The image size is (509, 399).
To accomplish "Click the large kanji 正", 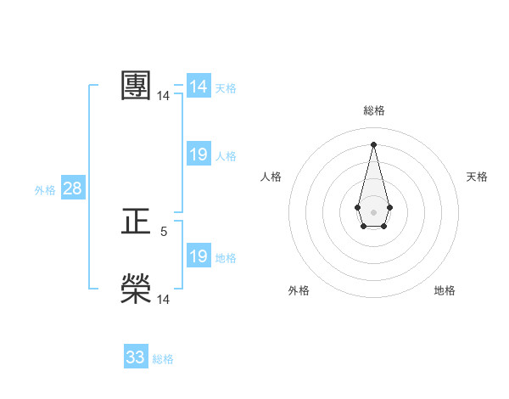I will pyautogui.click(x=136, y=222).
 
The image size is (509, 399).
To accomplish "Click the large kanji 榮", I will pyautogui.click(x=136, y=289).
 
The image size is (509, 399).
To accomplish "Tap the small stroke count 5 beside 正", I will pyautogui.click(x=164, y=231).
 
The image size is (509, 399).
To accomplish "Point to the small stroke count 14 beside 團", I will pyautogui.click(x=163, y=96).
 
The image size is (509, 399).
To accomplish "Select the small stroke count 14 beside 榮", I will pyautogui.click(x=164, y=299).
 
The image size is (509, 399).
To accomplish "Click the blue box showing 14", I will pyautogui.click(x=199, y=87).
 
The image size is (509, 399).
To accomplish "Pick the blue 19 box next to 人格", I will pyautogui.click(x=199, y=155).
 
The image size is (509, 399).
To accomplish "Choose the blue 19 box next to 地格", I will pyautogui.click(x=199, y=256).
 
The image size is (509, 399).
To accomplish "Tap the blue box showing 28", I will pyautogui.click(x=72, y=188).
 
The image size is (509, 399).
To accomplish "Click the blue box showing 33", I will pyautogui.click(x=136, y=357).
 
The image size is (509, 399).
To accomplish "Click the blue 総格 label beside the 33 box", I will pyautogui.click(x=163, y=359).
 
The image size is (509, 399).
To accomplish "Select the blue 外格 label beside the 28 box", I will pyautogui.click(x=45, y=190).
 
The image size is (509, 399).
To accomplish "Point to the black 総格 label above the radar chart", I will pyautogui.click(x=373, y=110).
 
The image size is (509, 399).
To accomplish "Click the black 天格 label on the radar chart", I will pyautogui.click(x=477, y=177).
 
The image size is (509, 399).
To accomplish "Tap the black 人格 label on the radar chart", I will pyautogui.click(x=271, y=177).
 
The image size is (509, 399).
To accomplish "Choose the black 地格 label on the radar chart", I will pyautogui.click(x=445, y=290).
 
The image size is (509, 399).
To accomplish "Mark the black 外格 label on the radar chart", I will pyautogui.click(x=299, y=290).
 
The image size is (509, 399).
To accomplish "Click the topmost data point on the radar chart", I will pyautogui.click(x=373, y=143).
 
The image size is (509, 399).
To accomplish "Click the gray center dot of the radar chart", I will pyautogui.click(x=373, y=211).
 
